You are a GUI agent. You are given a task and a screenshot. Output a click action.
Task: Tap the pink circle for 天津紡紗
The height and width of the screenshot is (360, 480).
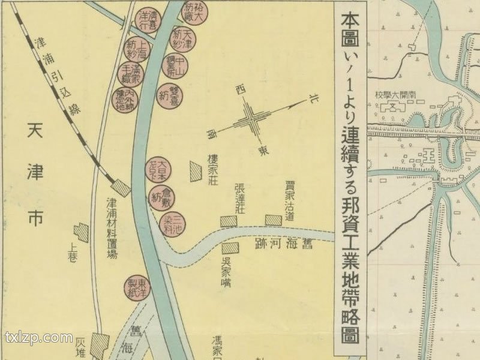pyautogui.click(x=183, y=38)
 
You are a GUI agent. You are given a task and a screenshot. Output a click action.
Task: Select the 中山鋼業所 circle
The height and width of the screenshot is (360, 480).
pyautogui.click(x=175, y=66)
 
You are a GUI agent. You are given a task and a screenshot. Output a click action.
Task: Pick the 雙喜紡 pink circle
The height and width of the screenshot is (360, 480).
pyautogui.click(x=170, y=94)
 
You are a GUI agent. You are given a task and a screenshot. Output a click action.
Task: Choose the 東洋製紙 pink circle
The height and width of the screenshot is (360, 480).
pyautogui.click(x=137, y=287)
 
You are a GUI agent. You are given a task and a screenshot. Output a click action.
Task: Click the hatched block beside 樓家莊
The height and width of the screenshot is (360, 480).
pyautogui.click(x=195, y=172)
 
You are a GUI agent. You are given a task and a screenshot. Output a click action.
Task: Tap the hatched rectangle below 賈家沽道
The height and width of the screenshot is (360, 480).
pyautogui.click(x=274, y=220)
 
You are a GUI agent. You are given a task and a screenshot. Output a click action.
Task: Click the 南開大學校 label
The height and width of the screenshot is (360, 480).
pyautogui.click(x=395, y=95)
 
